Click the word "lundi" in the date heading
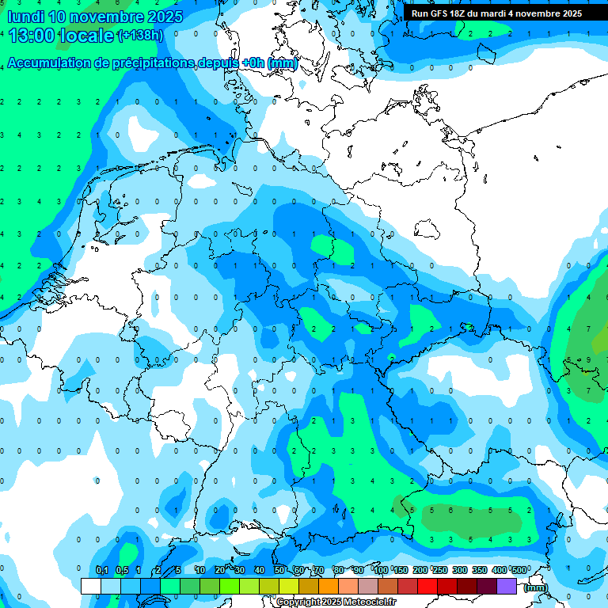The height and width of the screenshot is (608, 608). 25,17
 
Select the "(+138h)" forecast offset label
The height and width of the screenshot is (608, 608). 140,36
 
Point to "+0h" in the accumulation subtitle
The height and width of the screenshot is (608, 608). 253,63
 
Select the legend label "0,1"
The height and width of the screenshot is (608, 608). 102,570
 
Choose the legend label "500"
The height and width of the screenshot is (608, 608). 519,570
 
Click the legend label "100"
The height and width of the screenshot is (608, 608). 381,570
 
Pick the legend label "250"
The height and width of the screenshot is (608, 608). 440,570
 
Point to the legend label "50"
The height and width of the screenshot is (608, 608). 279,570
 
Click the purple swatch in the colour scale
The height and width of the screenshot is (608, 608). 507,586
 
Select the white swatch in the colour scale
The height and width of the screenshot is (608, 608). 91,586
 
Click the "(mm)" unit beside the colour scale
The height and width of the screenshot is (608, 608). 536,587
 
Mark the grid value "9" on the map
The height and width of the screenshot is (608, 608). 588,360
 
